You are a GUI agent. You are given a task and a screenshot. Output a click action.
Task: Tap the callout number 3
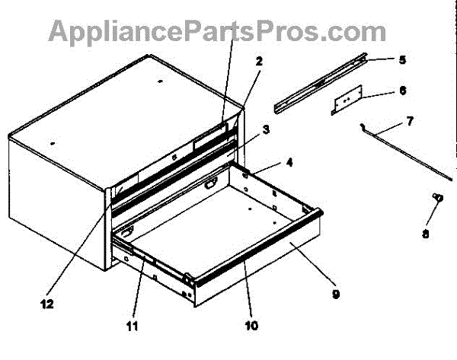click(266, 130)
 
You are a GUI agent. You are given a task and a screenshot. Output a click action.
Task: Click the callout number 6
click(402, 90)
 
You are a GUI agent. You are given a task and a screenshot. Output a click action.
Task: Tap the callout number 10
click(252, 326)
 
